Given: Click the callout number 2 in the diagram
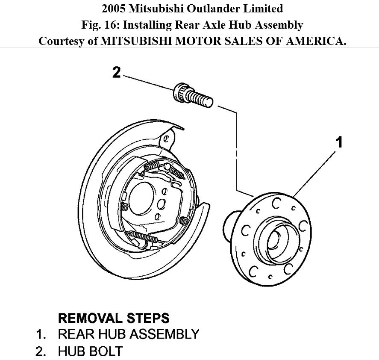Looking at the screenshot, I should click(x=116, y=72).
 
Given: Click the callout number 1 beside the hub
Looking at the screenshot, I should click(x=340, y=142).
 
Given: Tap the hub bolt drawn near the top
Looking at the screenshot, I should click(x=192, y=97).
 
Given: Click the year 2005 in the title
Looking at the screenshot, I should click(x=114, y=8).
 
